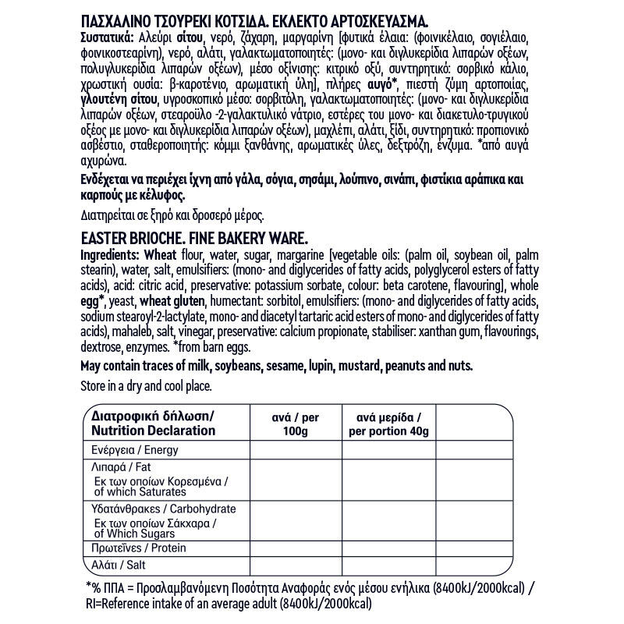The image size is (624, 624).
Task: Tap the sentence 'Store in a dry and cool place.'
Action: (x=146, y=385)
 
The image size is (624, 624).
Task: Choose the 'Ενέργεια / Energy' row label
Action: (x=135, y=450)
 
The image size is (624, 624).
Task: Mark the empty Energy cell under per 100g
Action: (x=295, y=450)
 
